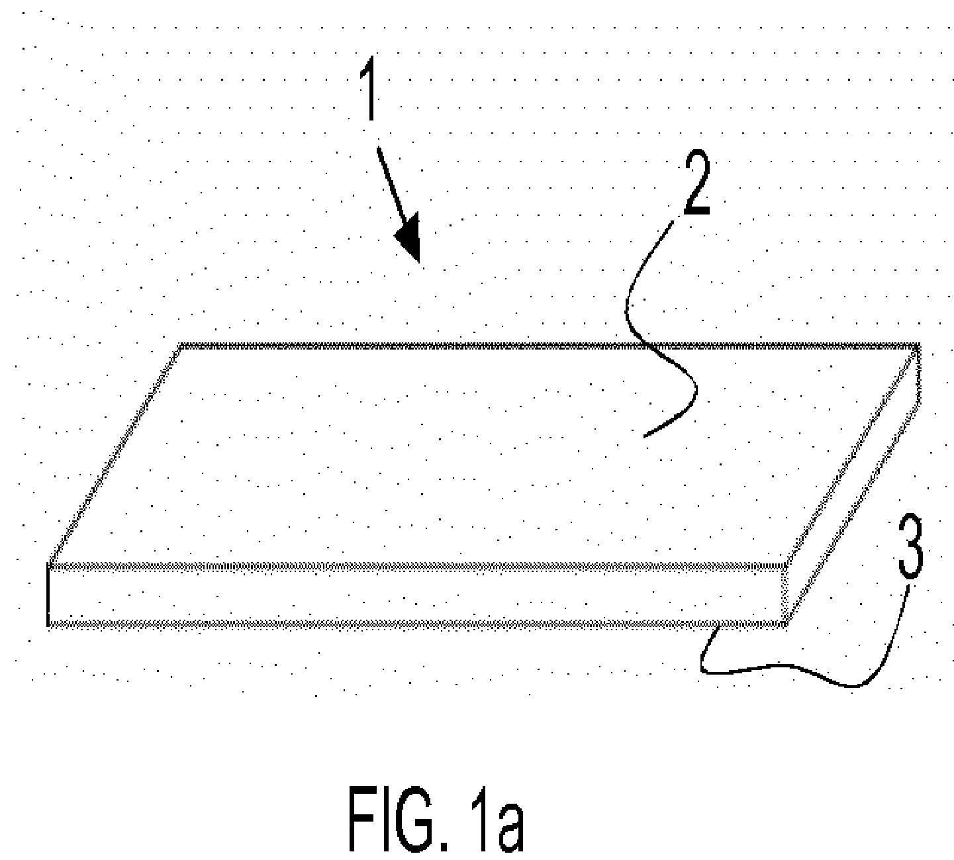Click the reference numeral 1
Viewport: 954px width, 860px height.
point(369,88)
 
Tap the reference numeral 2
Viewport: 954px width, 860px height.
point(697,182)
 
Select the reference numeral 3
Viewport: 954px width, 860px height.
point(910,547)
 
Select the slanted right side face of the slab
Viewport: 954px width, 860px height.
point(851,485)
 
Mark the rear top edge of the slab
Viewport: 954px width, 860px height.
point(549,346)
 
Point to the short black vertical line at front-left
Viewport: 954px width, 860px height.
point(48,595)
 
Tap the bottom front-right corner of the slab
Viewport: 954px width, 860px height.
point(785,624)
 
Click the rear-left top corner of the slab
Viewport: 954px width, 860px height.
point(181,346)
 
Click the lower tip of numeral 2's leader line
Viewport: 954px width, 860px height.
point(644,436)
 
